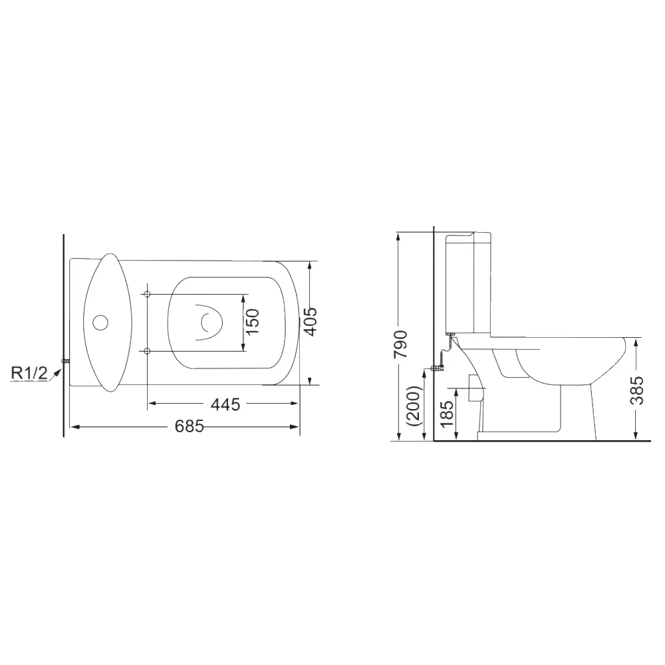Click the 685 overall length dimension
190,426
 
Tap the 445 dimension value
225,404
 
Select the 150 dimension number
252,321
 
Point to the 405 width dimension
311,321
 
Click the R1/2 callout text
29,373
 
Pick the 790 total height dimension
400,344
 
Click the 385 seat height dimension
637,390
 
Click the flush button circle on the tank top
100,323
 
